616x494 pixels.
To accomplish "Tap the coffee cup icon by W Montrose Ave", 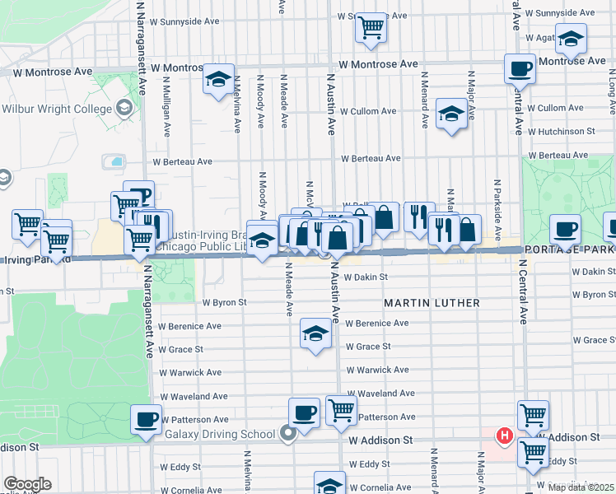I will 520,68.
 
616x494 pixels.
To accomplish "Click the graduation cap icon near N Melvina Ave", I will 218,79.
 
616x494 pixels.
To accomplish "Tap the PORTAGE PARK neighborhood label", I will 569,249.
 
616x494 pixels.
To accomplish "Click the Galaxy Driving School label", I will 219,435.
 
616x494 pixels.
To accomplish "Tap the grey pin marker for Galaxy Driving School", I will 287,432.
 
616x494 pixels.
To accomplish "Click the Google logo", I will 27,484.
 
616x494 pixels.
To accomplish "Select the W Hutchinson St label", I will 561,131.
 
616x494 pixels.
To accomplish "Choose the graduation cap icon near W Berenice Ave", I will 315,333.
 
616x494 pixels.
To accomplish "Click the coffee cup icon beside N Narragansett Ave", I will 146,419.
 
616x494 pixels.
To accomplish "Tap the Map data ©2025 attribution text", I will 582,487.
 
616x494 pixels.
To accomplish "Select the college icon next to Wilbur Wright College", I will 124,108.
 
